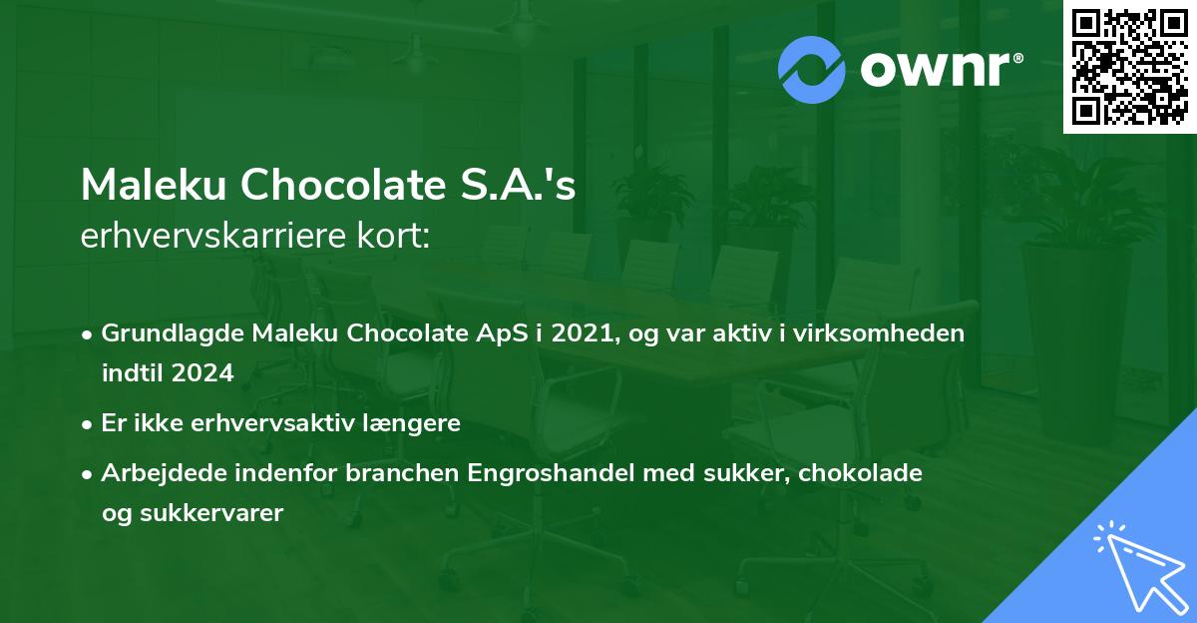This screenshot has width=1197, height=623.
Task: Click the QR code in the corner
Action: pyautogui.click(x=1129, y=67)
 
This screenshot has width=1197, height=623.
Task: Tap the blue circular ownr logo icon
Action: pyautogui.click(x=812, y=70)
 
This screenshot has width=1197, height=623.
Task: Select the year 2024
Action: pyautogui.click(x=203, y=373)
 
